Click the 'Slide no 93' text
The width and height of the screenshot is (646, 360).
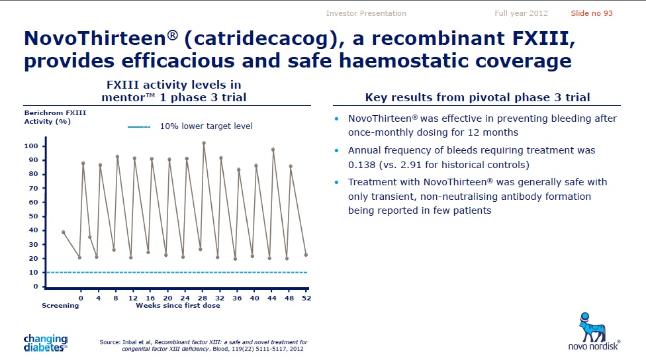coord(591,13)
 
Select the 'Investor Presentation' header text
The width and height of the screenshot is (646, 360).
coord(366,13)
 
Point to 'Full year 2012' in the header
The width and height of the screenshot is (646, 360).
coord(521,13)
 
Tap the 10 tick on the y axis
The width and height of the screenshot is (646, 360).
coord(34,273)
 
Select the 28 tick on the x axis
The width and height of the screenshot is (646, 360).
coord(203,298)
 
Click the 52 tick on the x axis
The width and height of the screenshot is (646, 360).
coord(306,298)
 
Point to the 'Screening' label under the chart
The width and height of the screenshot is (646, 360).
coord(60,306)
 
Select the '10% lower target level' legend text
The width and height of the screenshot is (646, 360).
coord(207,126)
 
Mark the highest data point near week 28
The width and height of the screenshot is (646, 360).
coord(204,143)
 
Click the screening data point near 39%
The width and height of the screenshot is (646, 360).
coord(64,232)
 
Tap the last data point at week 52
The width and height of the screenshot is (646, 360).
coord(306,255)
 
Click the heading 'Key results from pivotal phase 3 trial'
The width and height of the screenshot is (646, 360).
coord(477,97)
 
